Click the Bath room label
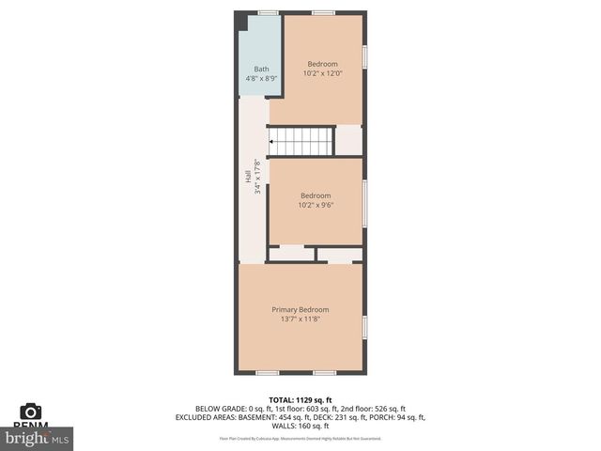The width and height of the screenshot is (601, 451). (261, 69)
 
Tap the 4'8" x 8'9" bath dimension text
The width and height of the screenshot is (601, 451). (261, 78)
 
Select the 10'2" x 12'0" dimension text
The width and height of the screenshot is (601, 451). (322, 73)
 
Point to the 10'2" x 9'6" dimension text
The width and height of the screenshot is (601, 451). (316, 205)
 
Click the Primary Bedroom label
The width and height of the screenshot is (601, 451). (300, 309)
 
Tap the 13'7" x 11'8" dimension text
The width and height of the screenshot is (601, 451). (300, 319)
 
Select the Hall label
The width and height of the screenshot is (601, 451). (248, 177)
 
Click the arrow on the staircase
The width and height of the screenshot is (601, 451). (273, 142)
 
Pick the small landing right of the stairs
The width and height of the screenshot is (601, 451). (348, 141)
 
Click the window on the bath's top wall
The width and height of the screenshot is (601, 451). (268, 12)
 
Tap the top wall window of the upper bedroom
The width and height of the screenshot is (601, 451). (323, 12)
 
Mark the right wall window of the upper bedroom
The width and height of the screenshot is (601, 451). (365, 55)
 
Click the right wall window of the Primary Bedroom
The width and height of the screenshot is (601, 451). (365, 326)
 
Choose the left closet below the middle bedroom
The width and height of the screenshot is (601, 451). (291, 254)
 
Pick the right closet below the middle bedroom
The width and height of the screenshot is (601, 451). (339, 254)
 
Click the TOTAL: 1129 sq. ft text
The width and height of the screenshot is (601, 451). (300, 399)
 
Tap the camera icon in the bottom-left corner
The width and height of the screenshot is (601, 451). (31, 412)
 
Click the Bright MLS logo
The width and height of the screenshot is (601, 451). (38, 438)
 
